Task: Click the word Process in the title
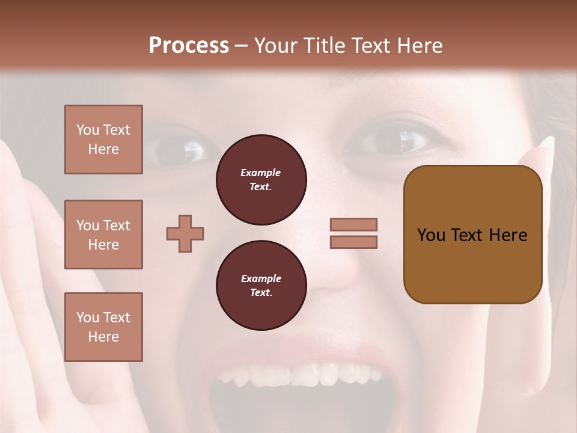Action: (189, 46)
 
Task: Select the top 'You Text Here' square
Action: (103, 140)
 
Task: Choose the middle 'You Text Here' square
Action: (103, 235)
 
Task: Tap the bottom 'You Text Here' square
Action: (103, 327)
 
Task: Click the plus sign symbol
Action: (185, 233)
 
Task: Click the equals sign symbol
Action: (354, 233)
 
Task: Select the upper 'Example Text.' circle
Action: (261, 180)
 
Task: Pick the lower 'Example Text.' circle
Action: (261, 286)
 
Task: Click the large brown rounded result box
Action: (472, 235)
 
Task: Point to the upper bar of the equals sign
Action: (354, 224)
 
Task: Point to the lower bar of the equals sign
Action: (354, 242)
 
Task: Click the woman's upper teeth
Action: (301, 375)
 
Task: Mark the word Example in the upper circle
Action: (261, 173)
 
